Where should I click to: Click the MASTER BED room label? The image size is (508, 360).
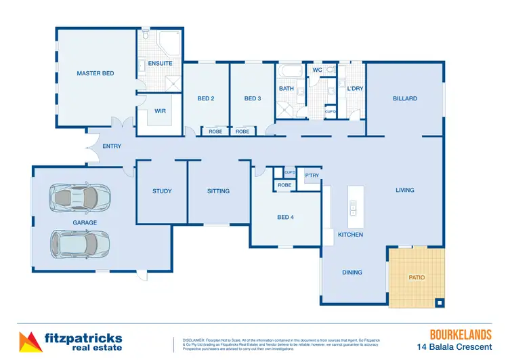95,73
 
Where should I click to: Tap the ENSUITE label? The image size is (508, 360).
161,64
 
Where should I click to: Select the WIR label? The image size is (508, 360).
161,111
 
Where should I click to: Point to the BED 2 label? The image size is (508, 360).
206,99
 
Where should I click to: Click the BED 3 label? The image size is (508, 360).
253,99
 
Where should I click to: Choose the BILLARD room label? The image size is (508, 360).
405,99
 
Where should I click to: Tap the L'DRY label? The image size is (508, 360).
356,89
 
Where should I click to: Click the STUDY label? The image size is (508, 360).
162,191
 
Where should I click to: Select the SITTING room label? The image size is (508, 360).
218,191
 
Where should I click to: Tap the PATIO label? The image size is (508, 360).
416,277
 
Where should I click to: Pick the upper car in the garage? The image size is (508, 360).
79,197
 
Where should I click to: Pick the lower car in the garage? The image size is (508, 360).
79,243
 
